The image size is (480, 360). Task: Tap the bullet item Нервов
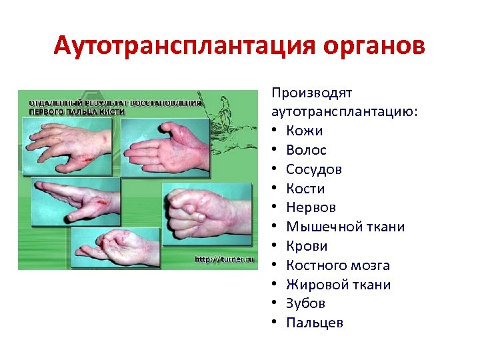(311, 208)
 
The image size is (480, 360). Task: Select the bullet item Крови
(306, 247)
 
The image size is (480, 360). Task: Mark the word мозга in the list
(371, 266)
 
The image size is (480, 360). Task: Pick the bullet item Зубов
(305, 304)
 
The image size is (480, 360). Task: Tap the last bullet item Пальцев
(315, 323)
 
